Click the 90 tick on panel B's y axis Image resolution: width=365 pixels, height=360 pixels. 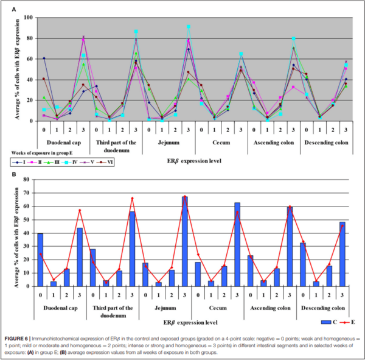click(27, 180)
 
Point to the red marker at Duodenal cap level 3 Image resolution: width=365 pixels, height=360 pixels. click(80, 210)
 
